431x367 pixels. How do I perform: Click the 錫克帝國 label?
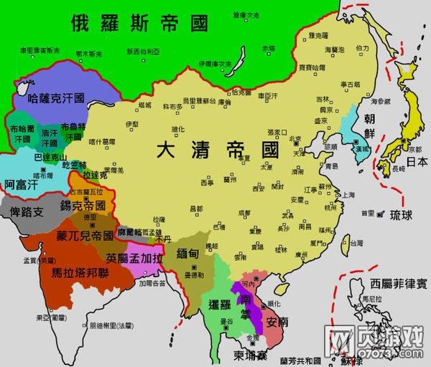83,205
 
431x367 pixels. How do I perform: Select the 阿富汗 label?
19,184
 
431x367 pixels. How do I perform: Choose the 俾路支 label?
22,211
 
